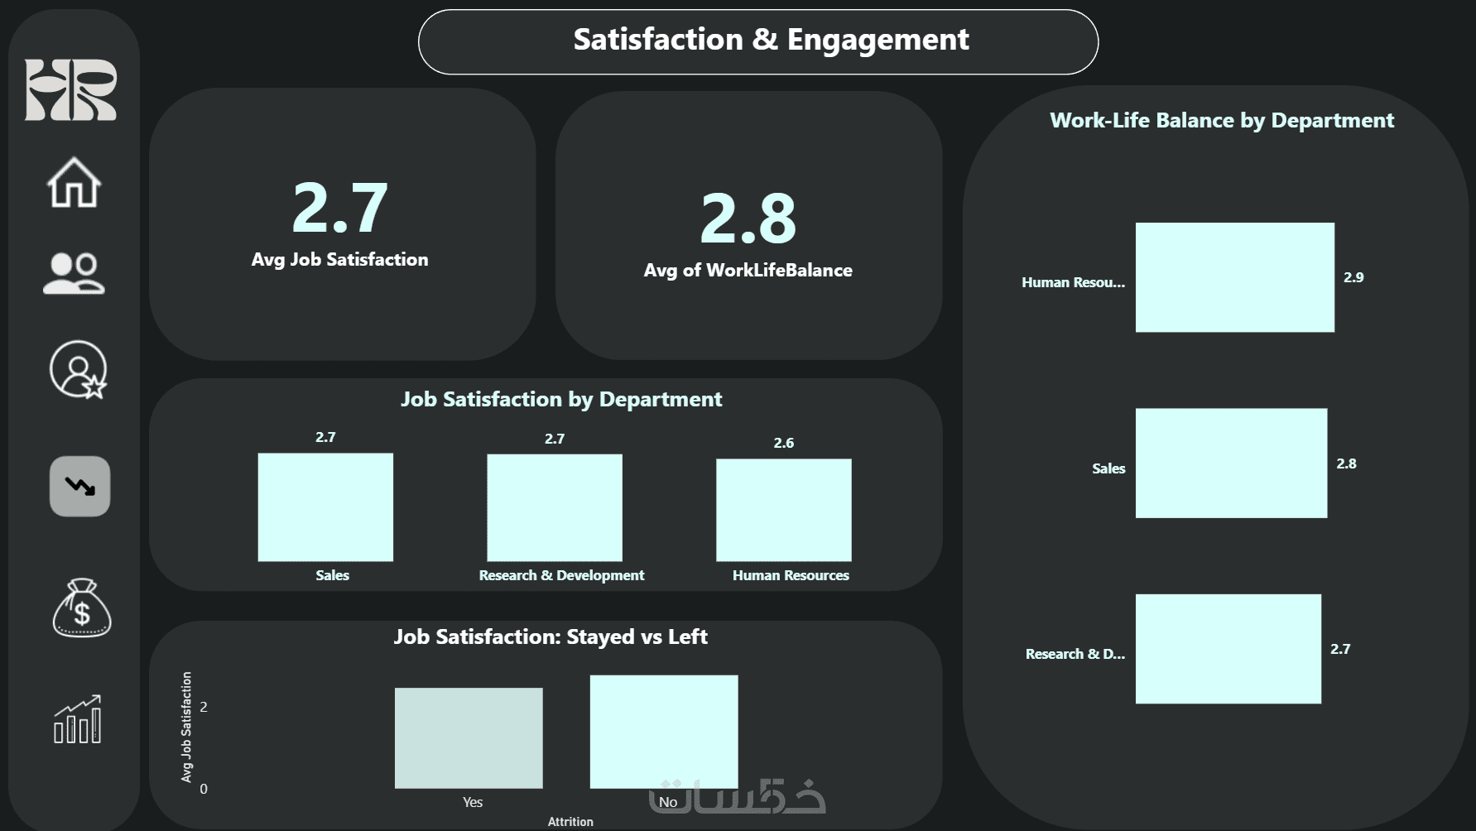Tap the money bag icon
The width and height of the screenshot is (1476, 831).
point(81,608)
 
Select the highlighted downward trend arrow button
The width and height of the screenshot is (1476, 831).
point(79,486)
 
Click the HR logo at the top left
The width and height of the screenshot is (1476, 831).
point(70,89)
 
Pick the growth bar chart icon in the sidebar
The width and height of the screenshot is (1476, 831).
point(78,719)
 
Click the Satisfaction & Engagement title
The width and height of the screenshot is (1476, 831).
point(771,40)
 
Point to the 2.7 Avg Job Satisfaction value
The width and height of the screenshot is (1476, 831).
point(339,208)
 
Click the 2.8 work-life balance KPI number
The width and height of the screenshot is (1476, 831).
point(748,219)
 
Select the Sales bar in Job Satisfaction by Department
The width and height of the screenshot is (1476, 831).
point(325,507)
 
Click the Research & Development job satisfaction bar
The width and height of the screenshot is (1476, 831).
point(555,507)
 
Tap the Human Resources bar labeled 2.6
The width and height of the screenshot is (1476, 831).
point(783,510)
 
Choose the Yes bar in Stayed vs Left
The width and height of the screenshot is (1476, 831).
point(469,737)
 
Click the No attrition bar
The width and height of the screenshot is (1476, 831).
point(664,731)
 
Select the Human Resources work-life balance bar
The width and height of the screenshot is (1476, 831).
point(1234,277)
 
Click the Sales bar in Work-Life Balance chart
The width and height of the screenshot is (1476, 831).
point(1231,463)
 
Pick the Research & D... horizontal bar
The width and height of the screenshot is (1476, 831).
point(1228,649)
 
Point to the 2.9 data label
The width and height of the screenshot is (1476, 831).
point(1353,277)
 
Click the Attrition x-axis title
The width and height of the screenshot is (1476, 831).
point(570,821)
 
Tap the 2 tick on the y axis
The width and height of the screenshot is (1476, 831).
point(204,707)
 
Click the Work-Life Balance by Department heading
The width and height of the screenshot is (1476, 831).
point(1222,121)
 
